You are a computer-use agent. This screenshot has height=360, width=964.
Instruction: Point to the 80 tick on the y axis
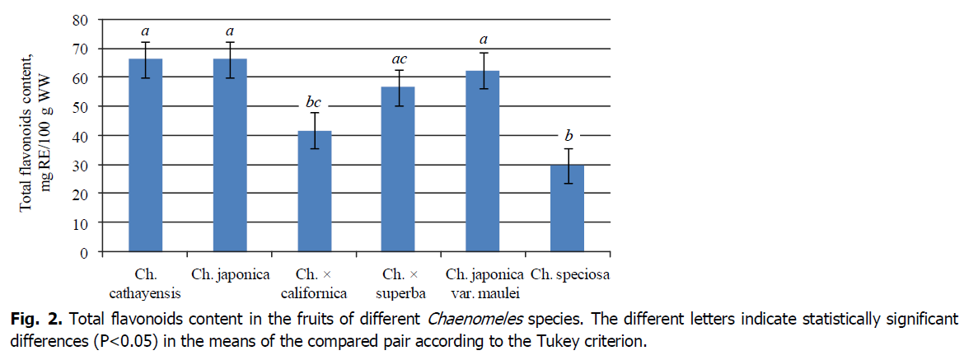point(80,19)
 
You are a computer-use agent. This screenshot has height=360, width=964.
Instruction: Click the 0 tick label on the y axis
point(84,252)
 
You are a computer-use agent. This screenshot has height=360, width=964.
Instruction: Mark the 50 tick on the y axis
point(80,106)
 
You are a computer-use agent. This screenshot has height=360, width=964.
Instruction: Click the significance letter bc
point(313,103)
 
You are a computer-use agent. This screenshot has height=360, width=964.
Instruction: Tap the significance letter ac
point(398,59)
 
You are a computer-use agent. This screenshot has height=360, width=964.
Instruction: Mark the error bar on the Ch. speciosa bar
point(566,166)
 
